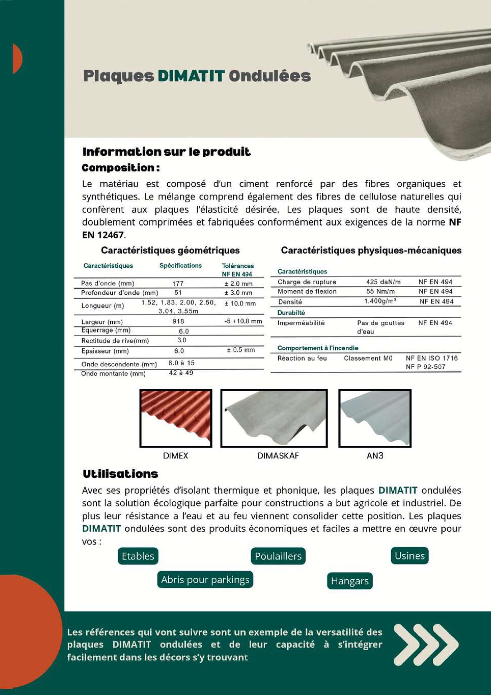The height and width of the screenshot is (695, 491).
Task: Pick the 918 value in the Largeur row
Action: coord(178,321)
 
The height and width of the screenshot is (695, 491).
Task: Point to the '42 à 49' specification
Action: coord(181,373)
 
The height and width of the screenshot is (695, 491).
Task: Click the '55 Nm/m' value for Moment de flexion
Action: coord(380,292)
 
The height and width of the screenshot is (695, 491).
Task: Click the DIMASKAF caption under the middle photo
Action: coord(278,456)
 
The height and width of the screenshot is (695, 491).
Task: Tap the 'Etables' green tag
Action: coord(138,556)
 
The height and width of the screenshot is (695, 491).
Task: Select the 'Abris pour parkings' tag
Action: coord(205,580)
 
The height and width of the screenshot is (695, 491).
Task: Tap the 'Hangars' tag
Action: coord(350,581)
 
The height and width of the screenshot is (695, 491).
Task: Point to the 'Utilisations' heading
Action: coord(120,474)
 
